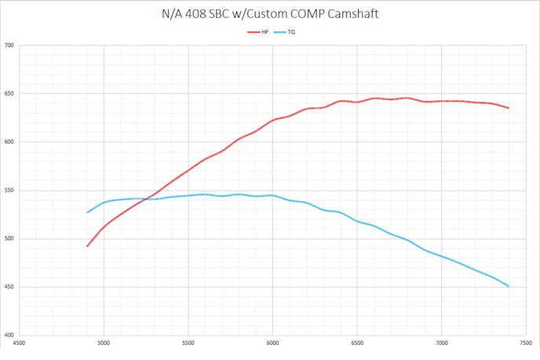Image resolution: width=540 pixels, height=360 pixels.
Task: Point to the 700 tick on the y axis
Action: [x=9, y=45]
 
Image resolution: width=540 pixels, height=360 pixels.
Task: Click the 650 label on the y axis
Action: [x=9, y=94]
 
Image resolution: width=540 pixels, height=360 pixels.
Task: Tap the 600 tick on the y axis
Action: [x=9, y=142]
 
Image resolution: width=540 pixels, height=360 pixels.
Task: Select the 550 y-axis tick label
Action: [x=9, y=191]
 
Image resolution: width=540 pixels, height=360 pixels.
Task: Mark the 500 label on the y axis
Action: [x=9, y=238]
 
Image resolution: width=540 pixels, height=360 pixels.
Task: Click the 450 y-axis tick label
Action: [x=9, y=287]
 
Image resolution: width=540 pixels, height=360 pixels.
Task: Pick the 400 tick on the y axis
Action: [x=9, y=335]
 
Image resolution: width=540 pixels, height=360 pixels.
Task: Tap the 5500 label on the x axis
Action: [x=188, y=343]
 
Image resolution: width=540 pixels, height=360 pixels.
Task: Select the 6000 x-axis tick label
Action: [x=272, y=343]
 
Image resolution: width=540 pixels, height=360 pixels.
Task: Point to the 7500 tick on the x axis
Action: [x=526, y=343]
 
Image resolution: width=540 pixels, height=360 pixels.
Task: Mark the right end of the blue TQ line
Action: [x=509, y=286]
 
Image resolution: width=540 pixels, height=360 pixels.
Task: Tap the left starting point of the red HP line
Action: [x=87, y=246]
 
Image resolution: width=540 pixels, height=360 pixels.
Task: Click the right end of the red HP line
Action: [x=509, y=108]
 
